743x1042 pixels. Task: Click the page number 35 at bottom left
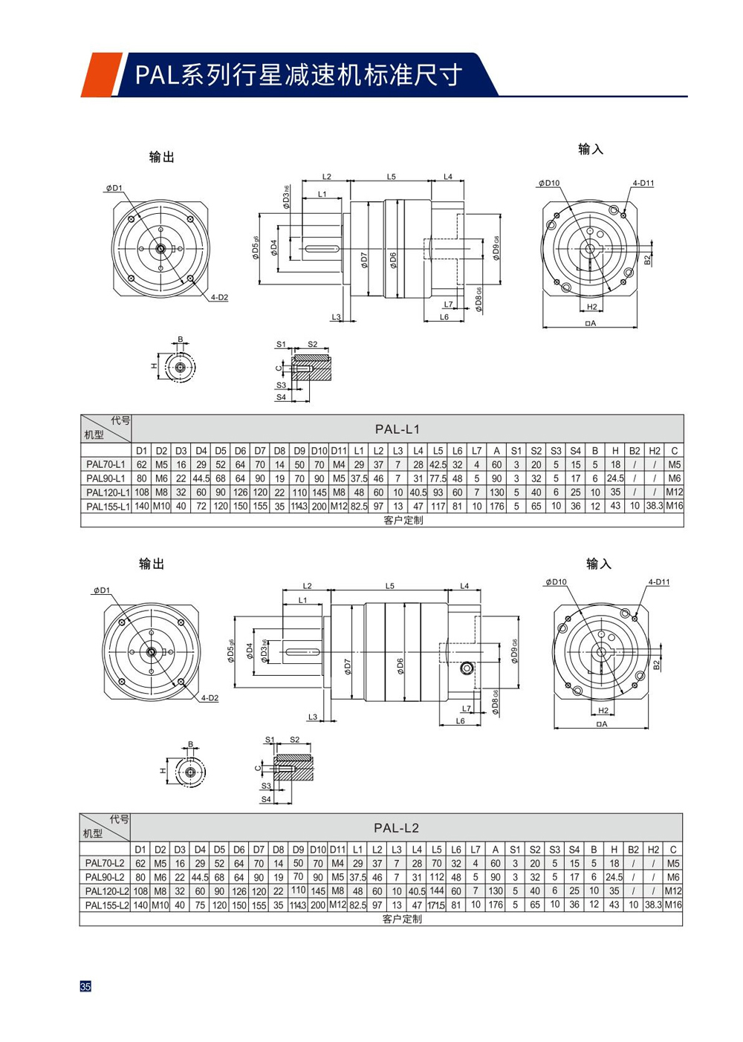tap(85, 986)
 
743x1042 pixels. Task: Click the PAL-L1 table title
tap(397, 429)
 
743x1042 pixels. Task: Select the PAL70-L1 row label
tap(106, 465)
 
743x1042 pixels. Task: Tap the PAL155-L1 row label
tap(107, 507)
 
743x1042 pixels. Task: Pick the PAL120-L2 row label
tap(106, 891)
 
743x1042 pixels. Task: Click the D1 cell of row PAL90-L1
tap(141, 479)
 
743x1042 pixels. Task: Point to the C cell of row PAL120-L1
tap(674, 492)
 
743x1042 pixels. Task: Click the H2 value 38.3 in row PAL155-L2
tap(653, 905)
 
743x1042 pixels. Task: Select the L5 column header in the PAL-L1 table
tap(438, 451)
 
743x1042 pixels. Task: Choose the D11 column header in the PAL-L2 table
tap(337, 850)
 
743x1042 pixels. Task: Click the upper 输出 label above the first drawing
tap(161, 157)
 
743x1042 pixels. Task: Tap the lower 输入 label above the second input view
tap(598, 564)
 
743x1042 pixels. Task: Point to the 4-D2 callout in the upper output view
tap(219, 298)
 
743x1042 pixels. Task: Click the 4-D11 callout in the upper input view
tap(643, 183)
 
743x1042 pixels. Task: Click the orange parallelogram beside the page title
tap(100, 74)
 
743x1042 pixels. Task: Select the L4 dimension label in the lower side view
tap(464, 586)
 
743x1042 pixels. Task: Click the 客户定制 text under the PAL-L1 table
tap(403, 520)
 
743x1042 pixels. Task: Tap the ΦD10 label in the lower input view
tap(555, 582)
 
